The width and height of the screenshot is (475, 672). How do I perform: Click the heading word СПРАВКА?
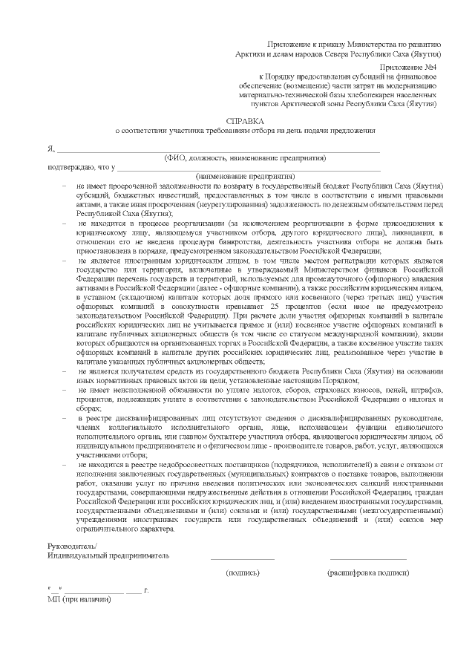click(x=244, y=120)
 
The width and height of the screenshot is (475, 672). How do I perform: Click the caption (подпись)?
click(x=243, y=572)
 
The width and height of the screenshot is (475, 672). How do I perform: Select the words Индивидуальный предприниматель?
click(x=108, y=555)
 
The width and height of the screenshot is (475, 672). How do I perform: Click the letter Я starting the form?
click(x=50, y=150)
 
